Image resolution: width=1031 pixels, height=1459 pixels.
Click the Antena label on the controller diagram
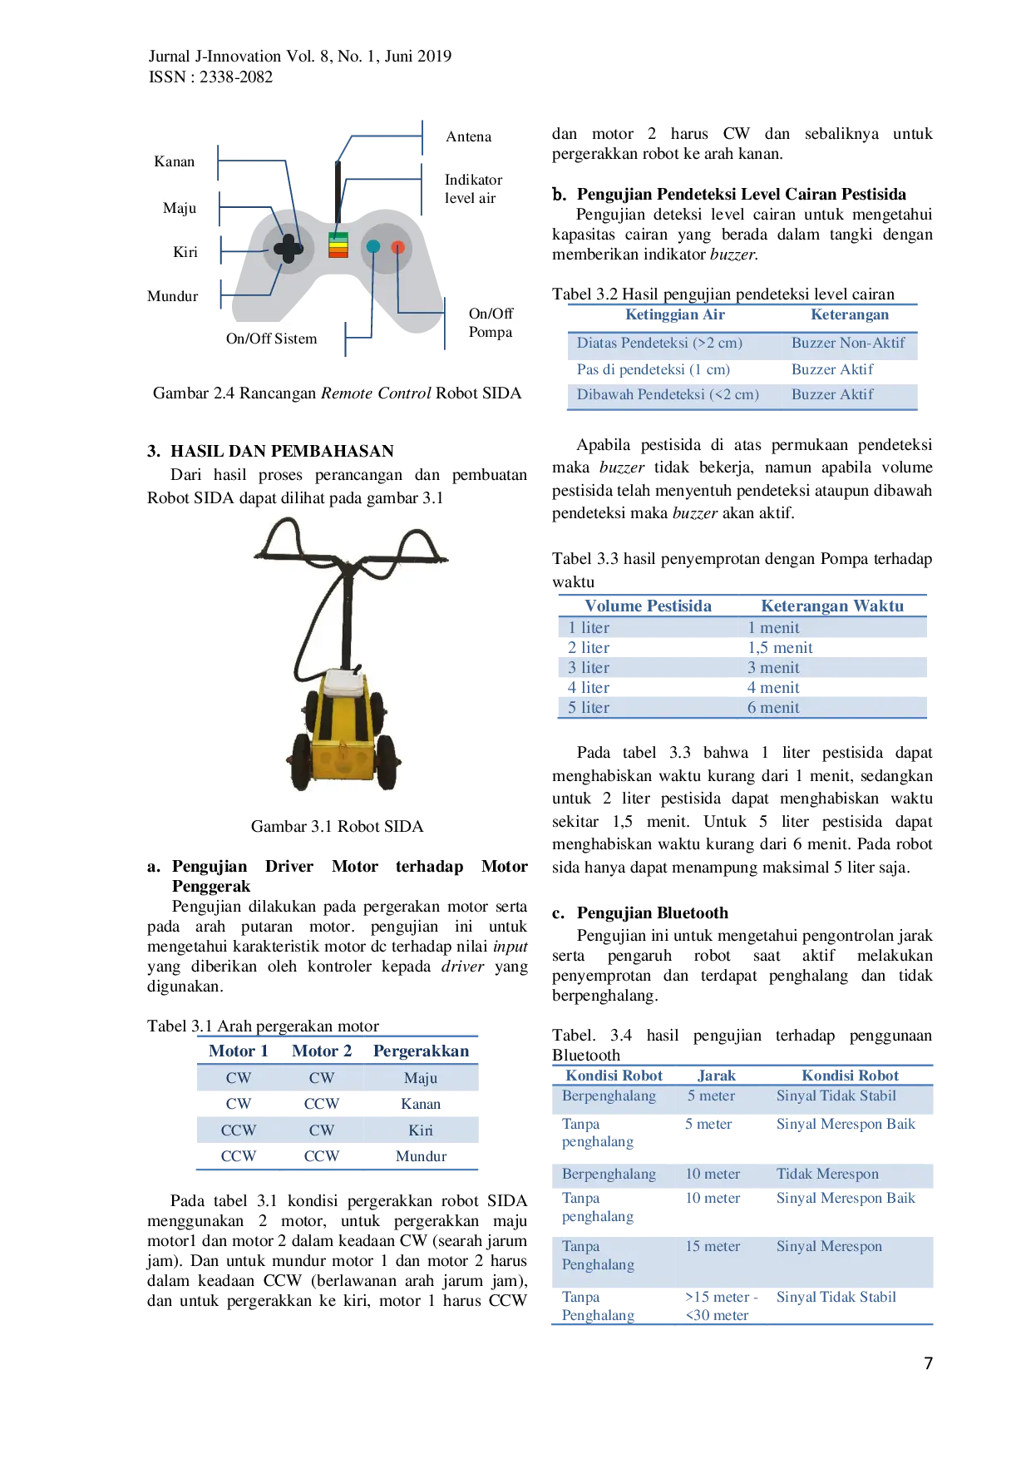[468, 136]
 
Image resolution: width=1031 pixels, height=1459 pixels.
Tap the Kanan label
[174, 161]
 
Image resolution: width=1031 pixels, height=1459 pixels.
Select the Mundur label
[172, 296]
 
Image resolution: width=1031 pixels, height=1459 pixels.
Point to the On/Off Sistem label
[271, 339]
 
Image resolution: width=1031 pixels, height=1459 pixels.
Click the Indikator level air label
[473, 189]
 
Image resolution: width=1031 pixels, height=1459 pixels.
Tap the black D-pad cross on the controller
[289, 248]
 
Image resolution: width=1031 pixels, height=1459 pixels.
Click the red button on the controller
[398, 247]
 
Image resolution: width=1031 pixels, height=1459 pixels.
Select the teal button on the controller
[373, 246]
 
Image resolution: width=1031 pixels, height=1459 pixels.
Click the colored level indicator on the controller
[338, 245]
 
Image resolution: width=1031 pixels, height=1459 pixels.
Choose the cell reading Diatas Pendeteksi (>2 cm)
[659, 343]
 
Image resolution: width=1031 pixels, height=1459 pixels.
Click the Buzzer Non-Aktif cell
[848, 343]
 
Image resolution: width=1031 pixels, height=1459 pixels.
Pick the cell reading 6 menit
[773, 708]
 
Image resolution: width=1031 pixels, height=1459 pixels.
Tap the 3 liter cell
[589, 668]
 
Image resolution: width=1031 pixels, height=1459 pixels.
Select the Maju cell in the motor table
[420, 1078]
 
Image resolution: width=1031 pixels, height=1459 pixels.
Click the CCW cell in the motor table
[239, 1130]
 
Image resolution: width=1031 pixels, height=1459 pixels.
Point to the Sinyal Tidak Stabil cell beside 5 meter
[836, 1096]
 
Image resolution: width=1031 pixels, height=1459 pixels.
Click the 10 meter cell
[713, 1174]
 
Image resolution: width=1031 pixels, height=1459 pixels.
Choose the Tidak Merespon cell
[827, 1174]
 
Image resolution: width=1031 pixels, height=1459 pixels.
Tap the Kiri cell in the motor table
[420, 1130]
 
